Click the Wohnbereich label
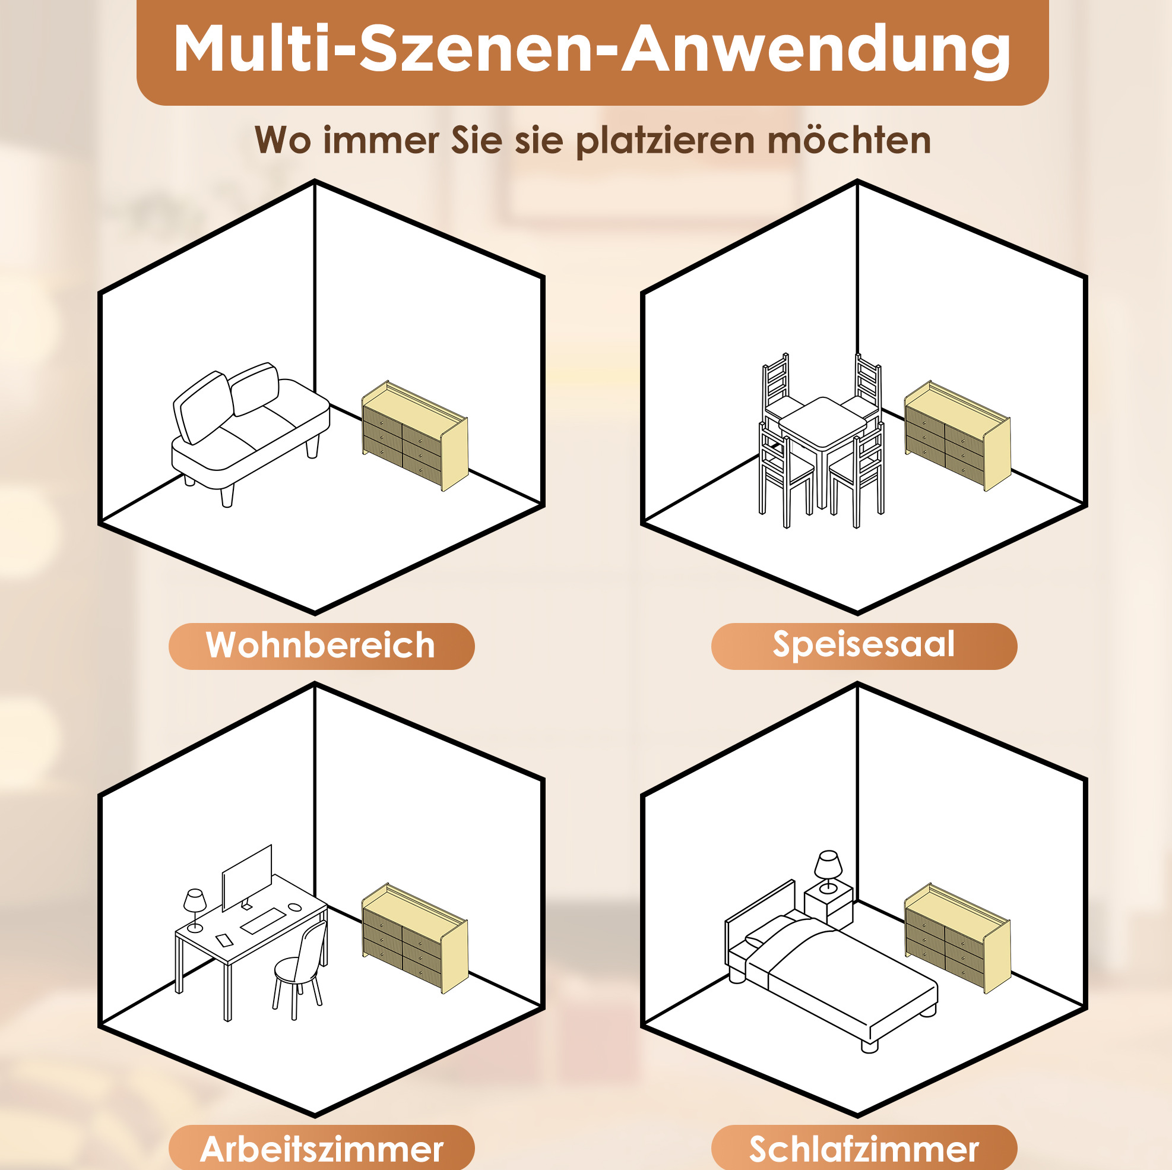tap(320, 645)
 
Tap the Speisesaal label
tap(863, 646)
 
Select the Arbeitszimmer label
tap(322, 1149)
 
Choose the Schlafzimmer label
tap(864, 1149)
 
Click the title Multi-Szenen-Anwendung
tap(592, 51)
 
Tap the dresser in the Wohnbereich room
tap(415, 435)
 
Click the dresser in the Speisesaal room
tap(957, 435)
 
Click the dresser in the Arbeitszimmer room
tap(415, 938)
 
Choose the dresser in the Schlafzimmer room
tap(957, 938)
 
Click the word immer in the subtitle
tap(382, 141)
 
